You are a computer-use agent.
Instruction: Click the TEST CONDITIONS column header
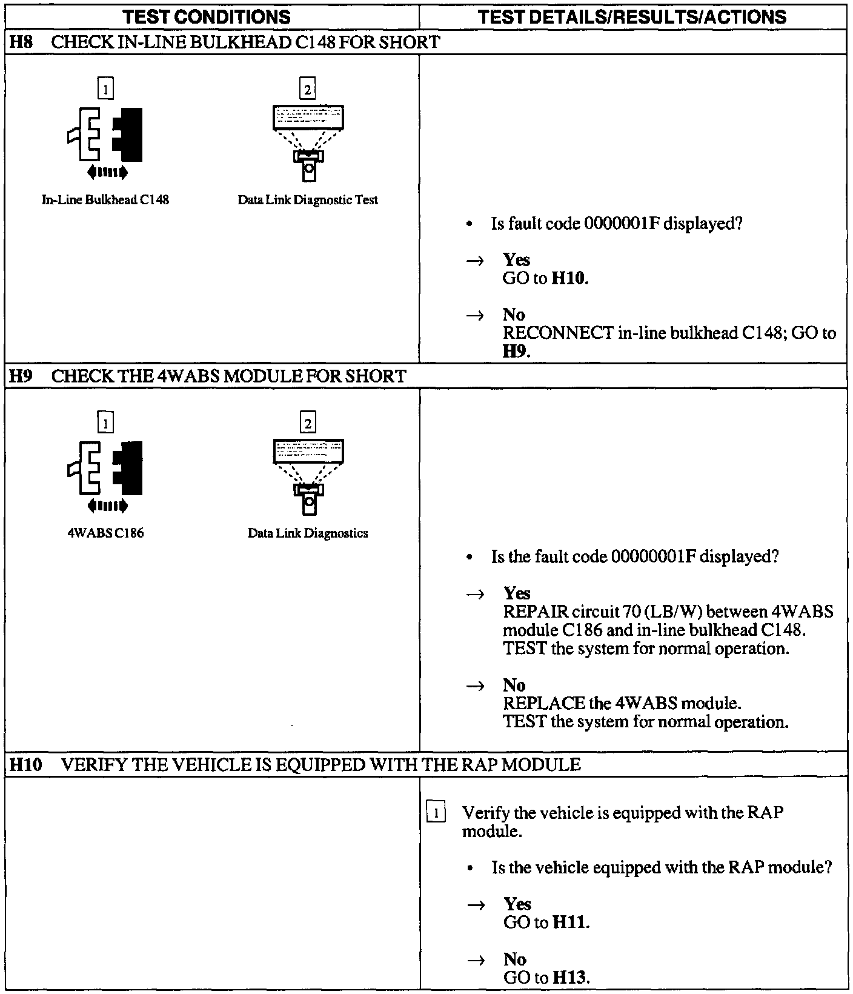pos(207,16)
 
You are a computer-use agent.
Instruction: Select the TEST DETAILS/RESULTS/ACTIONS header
pos(632,16)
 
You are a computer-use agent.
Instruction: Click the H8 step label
pos(20,42)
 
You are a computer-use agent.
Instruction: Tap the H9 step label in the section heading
pos(20,376)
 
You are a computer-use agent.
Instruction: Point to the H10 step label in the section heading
pos(25,765)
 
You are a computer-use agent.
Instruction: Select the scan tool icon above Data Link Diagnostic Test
pos(308,142)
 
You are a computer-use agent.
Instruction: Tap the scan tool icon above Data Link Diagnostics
pos(308,476)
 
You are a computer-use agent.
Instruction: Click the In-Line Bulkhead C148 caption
pos(105,200)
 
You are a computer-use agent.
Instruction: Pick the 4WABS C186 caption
pos(105,533)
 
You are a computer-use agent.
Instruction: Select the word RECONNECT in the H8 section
pos(558,333)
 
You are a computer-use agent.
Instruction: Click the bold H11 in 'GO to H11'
pos(569,922)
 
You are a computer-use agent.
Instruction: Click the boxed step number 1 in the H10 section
pos(437,812)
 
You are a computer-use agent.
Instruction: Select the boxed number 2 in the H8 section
pos(308,90)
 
